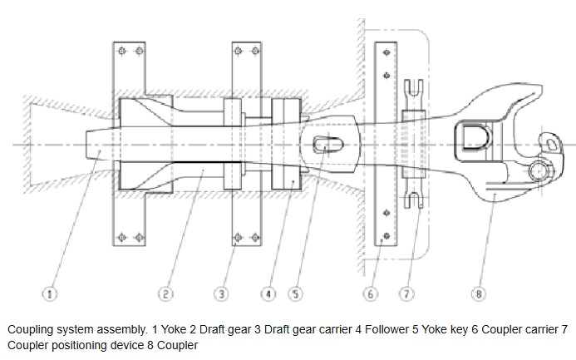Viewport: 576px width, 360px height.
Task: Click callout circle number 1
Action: click(51, 293)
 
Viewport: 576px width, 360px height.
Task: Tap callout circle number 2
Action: click(165, 293)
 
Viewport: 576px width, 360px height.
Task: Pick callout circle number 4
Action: click(268, 293)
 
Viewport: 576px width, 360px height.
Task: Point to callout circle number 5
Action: click(295, 293)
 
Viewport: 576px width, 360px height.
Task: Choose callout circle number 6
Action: click(371, 293)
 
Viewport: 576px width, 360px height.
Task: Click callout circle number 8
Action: click(479, 293)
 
